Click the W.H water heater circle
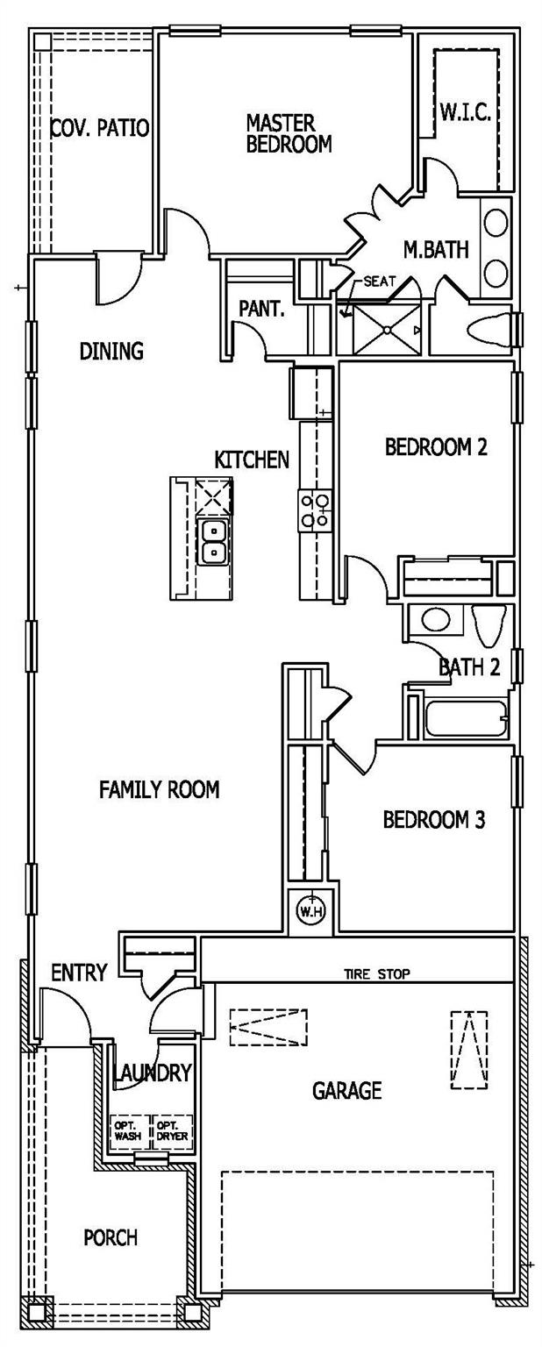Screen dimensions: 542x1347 tap(310, 912)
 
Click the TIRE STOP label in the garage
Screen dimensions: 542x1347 tap(376, 973)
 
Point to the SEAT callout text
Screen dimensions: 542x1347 tap(380, 281)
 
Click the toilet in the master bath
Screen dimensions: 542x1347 tap(489, 330)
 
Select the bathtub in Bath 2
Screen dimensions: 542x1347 tap(466, 718)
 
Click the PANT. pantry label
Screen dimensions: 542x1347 tap(261, 309)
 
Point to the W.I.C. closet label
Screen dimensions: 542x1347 tap(466, 112)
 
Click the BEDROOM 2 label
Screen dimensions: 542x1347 tap(436, 446)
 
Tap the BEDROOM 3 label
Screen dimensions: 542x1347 tap(434, 819)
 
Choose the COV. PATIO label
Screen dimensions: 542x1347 tap(100, 127)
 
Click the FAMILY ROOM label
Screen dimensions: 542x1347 tap(160, 789)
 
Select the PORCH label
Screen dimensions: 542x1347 tap(111, 1237)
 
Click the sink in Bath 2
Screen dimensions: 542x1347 tap(436, 620)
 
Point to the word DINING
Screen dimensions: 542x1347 tap(112, 351)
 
